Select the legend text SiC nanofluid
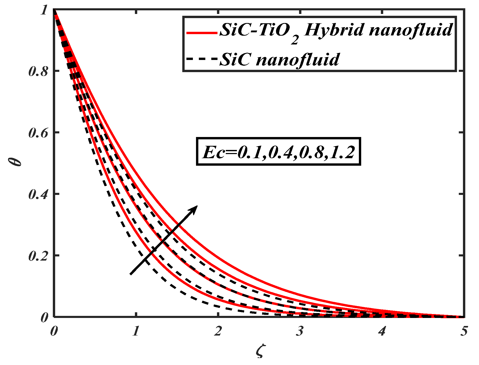tap(280, 60)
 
